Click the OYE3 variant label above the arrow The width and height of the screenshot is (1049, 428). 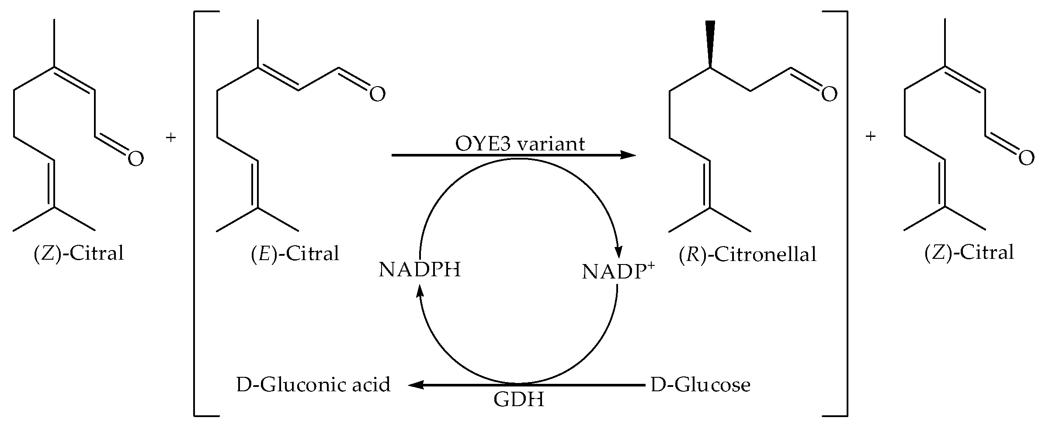520,144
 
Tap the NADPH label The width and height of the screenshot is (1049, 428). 420,270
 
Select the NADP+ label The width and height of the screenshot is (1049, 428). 618,271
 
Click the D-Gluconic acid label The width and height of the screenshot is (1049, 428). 313,385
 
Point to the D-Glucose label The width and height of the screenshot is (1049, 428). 700,385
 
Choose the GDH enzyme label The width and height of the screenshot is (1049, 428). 519,400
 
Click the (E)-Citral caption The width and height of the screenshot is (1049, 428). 295,254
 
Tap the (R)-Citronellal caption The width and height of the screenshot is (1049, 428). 747,255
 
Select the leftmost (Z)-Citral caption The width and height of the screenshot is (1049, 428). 79,254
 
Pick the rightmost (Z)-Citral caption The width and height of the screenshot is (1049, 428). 969,253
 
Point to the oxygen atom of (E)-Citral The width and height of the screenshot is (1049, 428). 378,94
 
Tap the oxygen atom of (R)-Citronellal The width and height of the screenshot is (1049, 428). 829,94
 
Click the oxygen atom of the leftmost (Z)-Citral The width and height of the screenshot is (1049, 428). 135,159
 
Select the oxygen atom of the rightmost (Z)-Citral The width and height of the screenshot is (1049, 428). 1026,158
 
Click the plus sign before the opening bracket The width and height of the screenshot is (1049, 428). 171,138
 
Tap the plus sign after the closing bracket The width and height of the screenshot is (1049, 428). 871,137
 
